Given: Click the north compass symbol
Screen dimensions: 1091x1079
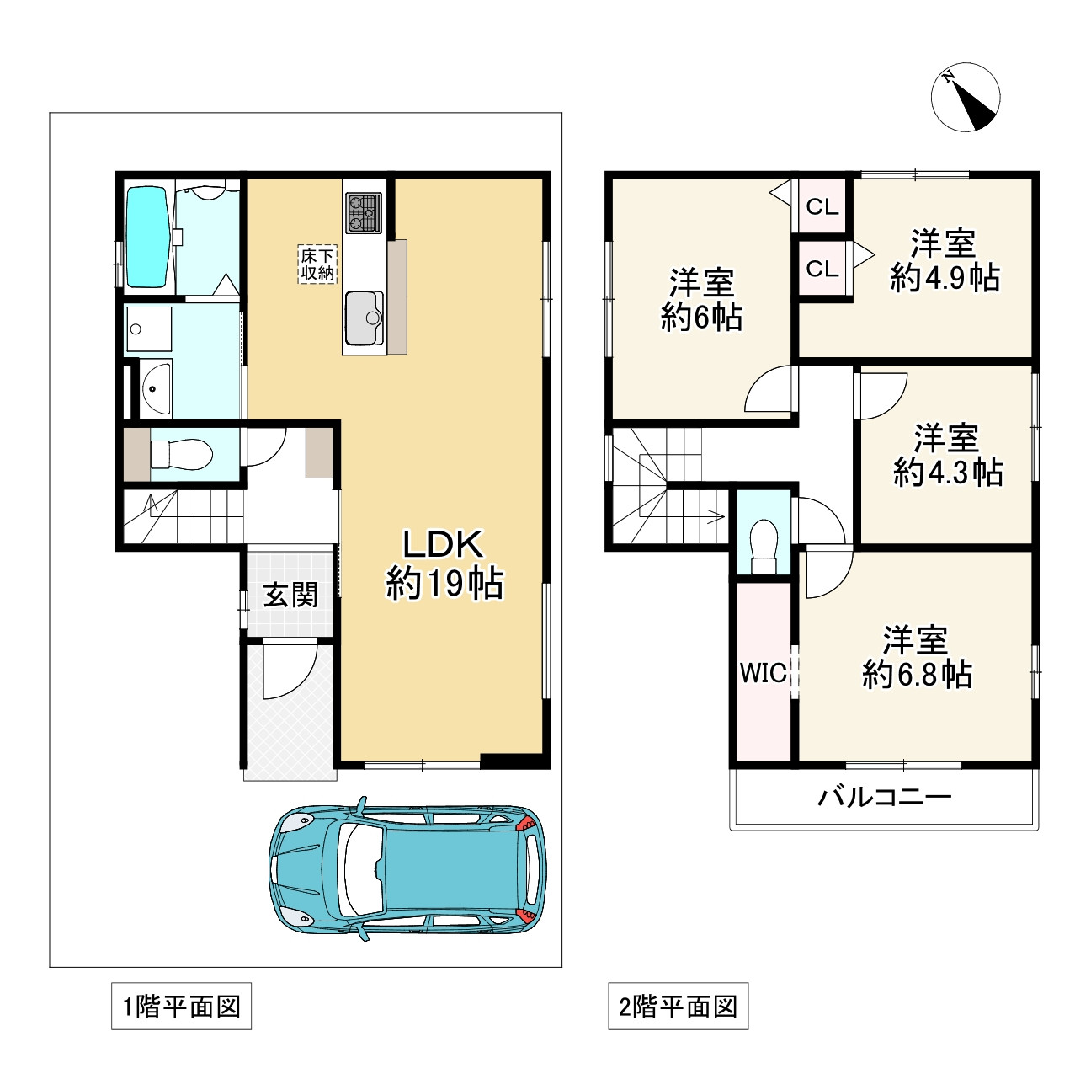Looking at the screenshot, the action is tap(966, 97).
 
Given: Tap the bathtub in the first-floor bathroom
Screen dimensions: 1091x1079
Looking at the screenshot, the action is tap(147, 237).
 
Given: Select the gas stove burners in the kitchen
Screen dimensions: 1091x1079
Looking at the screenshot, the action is tap(364, 212).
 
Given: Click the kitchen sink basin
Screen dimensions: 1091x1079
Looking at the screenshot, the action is tap(364, 318).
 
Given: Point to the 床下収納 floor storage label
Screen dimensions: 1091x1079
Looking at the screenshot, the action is tap(317, 264).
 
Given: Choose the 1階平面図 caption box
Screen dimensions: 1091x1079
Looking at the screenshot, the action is tap(181, 1006).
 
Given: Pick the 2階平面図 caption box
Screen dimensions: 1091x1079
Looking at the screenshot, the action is tap(679, 1006).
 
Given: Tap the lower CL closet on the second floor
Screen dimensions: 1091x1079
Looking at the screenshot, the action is tap(822, 268).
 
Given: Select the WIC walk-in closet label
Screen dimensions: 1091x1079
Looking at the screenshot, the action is tap(764, 673).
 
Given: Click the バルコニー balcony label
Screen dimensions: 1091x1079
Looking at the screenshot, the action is tap(885, 798).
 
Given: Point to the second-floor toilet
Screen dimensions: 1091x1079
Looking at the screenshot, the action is tap(764, 547).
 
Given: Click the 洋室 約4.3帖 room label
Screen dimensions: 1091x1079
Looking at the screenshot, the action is tap(947, 455).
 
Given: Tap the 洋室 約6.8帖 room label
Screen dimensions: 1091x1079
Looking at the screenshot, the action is tap(917, 657).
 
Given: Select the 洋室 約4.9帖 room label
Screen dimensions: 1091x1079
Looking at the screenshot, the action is tap(945, 260).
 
